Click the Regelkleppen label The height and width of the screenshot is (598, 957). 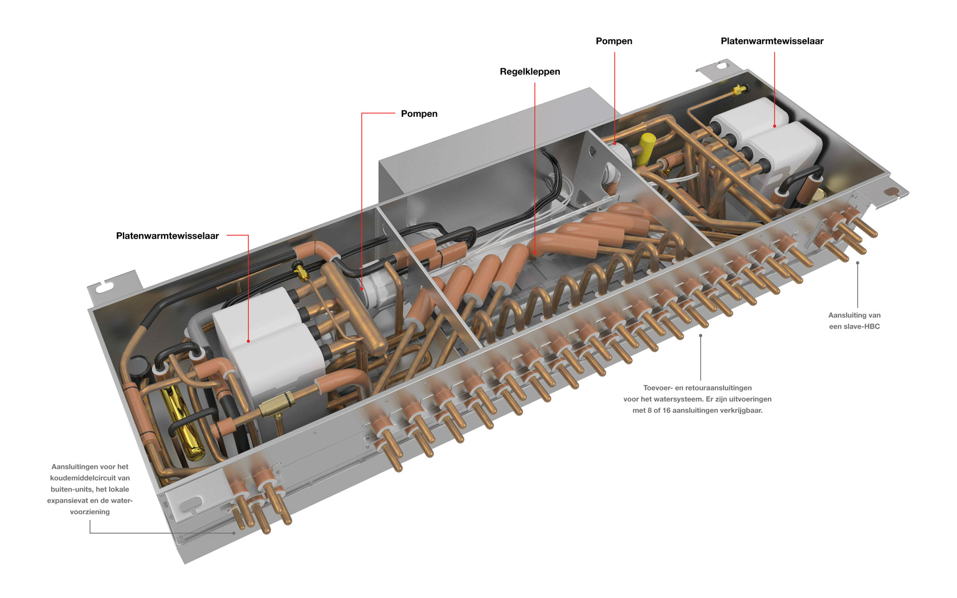[x=530, y=72]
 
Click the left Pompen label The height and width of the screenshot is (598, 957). [x=419, y=114]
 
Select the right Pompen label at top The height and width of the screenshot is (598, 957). [x=614, y=41]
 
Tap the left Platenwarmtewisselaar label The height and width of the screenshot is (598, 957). [x=167, y=236]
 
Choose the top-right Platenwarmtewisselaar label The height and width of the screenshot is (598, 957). [x=772, y=41]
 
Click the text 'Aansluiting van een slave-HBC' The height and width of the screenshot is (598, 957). [x=854, y=321]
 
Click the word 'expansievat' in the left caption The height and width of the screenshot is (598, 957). [x=67, y=501]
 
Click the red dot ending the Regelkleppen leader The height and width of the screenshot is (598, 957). [x=534, y=252]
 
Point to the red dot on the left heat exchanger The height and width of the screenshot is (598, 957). [x=248, y=341]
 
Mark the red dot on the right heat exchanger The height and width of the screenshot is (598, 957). [x=774, y=126]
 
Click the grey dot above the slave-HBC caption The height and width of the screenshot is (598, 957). [x=857, y=263]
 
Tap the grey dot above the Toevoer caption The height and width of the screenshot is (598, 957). [x=700, y=336]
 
